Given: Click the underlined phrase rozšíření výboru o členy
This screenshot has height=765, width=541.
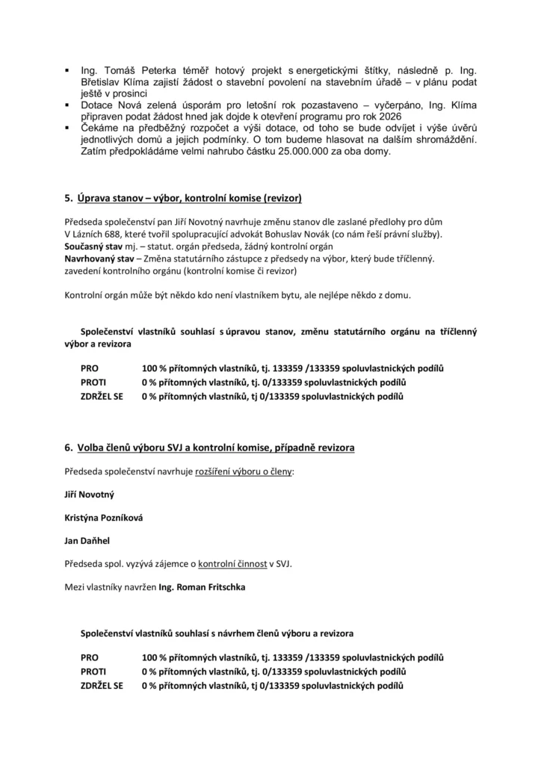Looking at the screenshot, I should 244,472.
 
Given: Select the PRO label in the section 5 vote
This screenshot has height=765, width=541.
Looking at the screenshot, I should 89,368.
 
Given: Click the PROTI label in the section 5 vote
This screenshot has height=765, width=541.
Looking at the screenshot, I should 93,382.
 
